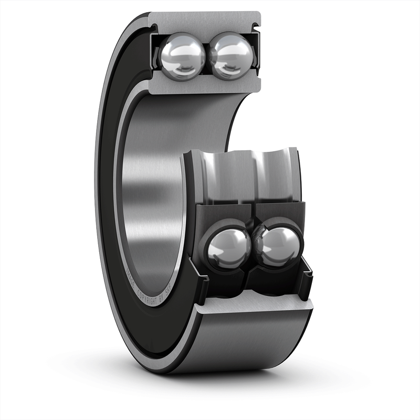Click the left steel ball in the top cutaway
(x=182, y=55)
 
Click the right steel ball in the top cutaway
(x=232, y=55)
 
